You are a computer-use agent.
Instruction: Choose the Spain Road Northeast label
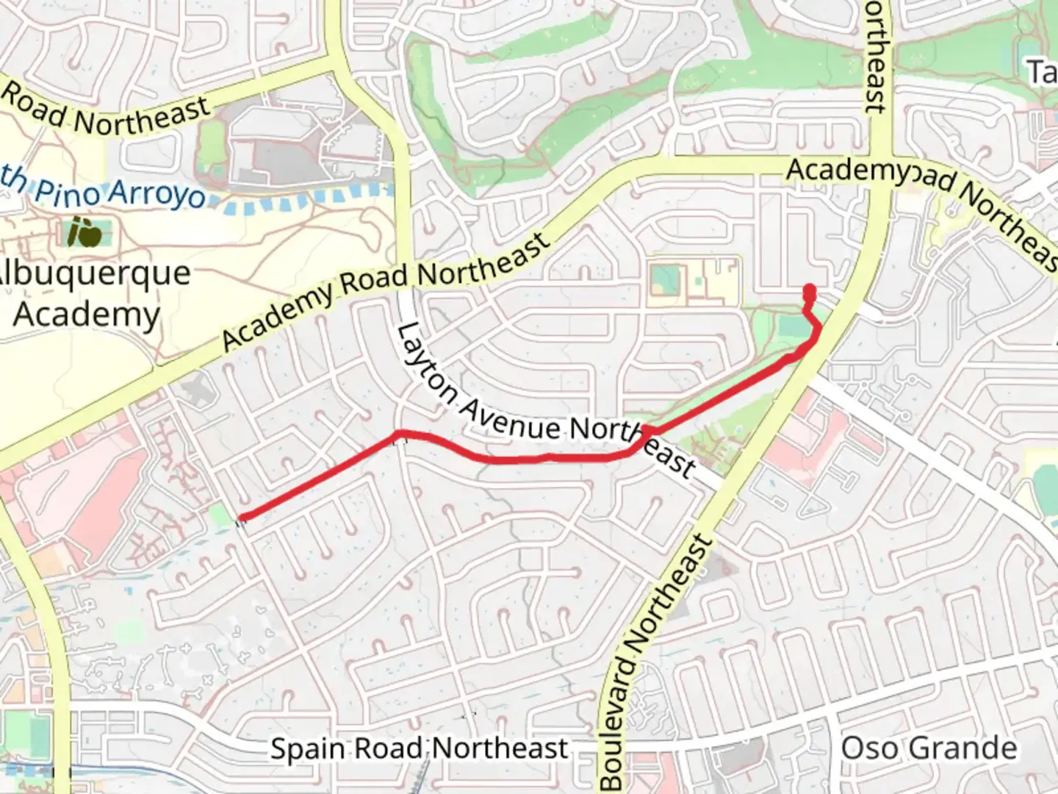pos(419,748)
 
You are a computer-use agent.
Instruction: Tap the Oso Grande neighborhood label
pos(929,748)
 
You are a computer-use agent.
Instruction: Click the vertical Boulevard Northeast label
pos(658,662)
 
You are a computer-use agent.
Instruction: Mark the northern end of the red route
pos(810,289)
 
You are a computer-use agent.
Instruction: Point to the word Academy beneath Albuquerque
pos(87,314)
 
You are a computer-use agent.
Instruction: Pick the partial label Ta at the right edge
pos(1042,72)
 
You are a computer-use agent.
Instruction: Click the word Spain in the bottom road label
pos(309,748)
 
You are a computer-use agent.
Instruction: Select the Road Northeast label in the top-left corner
pos(107,111)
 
